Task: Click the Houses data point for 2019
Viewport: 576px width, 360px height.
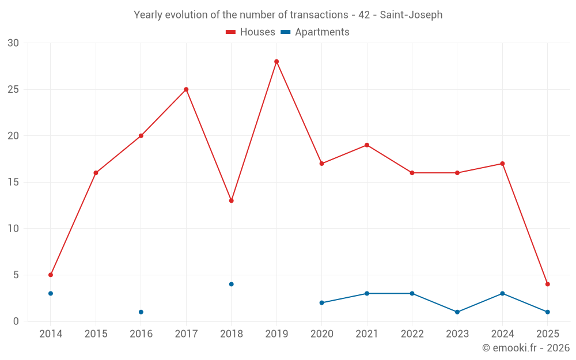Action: (276, 62)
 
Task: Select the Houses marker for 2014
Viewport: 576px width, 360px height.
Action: (51, 275)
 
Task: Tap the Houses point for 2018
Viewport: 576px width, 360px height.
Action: (231, 200)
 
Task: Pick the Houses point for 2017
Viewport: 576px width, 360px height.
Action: (186, 89)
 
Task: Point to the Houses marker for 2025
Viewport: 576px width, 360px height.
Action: (547, 284)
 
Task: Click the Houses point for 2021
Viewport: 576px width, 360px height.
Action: (367, 145)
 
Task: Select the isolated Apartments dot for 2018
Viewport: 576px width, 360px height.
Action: (231, 284)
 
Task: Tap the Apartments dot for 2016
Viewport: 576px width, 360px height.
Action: (141, 312)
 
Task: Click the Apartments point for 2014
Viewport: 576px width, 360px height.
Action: (51, 293)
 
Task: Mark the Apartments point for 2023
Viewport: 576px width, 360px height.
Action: (457, 312)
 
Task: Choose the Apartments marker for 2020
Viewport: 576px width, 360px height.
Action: (321, 302)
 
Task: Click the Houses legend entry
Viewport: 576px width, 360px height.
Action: (251, 32)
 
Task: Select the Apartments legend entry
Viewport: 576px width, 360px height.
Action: (315, 32)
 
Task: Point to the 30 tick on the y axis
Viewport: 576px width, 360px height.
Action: (13, 43)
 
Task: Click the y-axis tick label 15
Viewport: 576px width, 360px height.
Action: (13, 182)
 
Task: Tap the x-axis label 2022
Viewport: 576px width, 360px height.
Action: (412, 334)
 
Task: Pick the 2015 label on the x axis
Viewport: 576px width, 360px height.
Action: (96, 334)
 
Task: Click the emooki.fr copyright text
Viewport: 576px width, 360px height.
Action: (525, 348)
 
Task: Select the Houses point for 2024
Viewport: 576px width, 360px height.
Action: (502, 164)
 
